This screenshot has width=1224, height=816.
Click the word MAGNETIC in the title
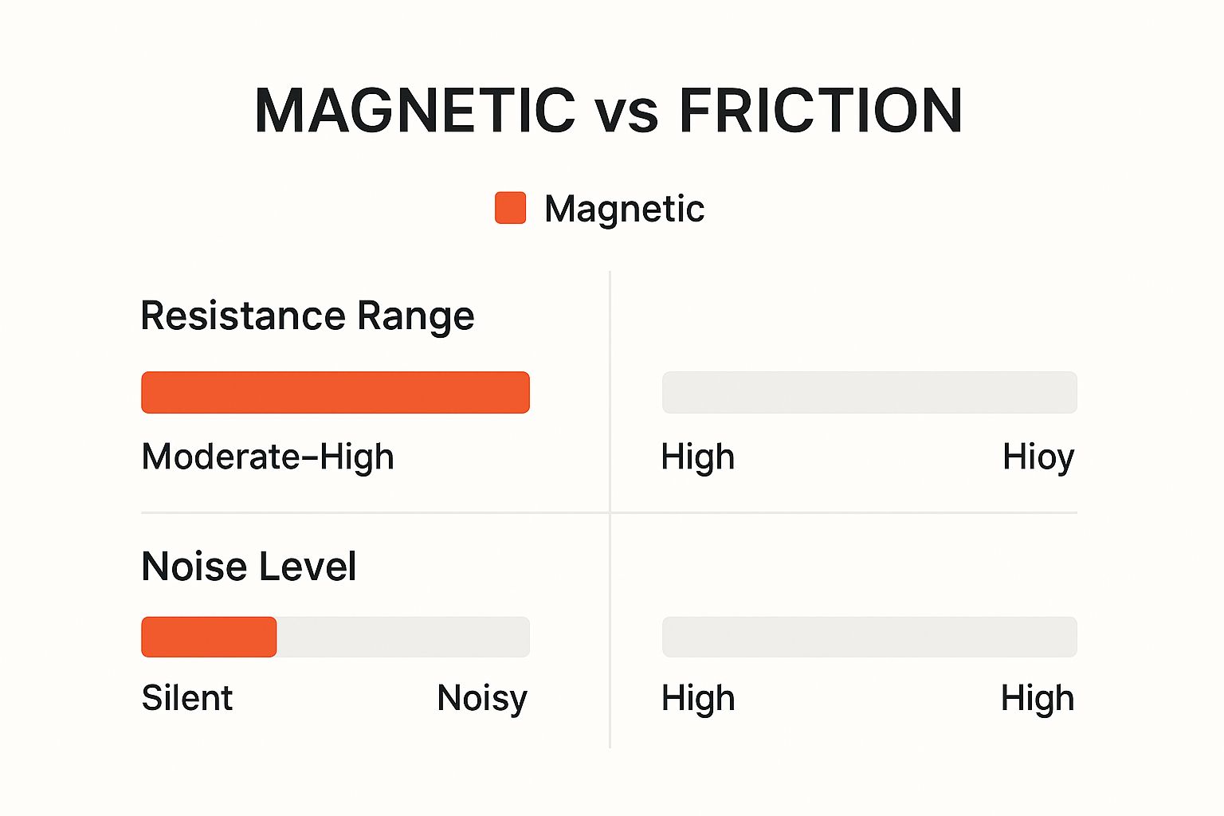tap(415, 110)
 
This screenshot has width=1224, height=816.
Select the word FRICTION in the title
tap(820, 110)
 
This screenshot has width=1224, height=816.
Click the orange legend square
tap(510, 208)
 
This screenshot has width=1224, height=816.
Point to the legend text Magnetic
tap(625, 209)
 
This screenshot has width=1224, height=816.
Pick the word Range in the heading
tap(416, 317)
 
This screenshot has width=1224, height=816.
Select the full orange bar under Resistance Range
tap(335, 392)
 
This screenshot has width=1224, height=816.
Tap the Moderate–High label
tap(268, 457)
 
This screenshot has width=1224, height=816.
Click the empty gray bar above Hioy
tap(870, 392)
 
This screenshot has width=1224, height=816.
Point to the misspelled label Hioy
tap(1038, 458)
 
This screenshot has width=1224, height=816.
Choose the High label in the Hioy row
tap(698, 458)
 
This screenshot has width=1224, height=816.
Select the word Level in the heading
tap(308, 567)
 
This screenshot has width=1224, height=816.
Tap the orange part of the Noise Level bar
tap(209, 637)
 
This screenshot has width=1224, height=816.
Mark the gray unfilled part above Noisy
tap(403, 637)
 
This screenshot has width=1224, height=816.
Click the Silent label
tap(187, 698)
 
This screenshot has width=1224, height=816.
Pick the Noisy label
tap(482, 700)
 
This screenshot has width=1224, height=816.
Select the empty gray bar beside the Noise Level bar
tap(870, 637)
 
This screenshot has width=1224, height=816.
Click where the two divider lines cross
tap(610, 512)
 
